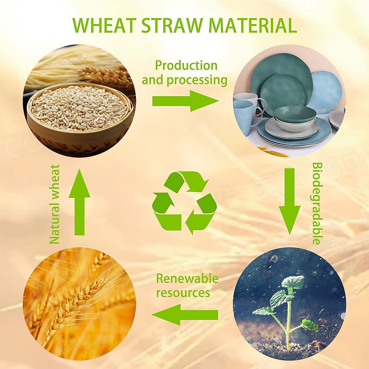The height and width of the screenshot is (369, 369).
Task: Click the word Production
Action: point(186,66)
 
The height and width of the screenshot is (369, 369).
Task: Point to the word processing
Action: point(197,81)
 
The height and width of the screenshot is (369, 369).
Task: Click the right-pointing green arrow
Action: point(185,101)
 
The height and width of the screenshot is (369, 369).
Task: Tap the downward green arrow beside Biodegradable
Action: point(290,201)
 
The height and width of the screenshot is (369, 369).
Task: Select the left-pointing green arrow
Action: point(185,315)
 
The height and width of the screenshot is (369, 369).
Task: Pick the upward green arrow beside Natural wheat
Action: point(79,202)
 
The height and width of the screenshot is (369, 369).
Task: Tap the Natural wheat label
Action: point(54,204)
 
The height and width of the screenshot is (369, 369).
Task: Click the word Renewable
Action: point(187,279)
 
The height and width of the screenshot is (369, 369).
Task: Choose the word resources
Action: point(183,293)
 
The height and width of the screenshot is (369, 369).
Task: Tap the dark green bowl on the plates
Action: point(295,113)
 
